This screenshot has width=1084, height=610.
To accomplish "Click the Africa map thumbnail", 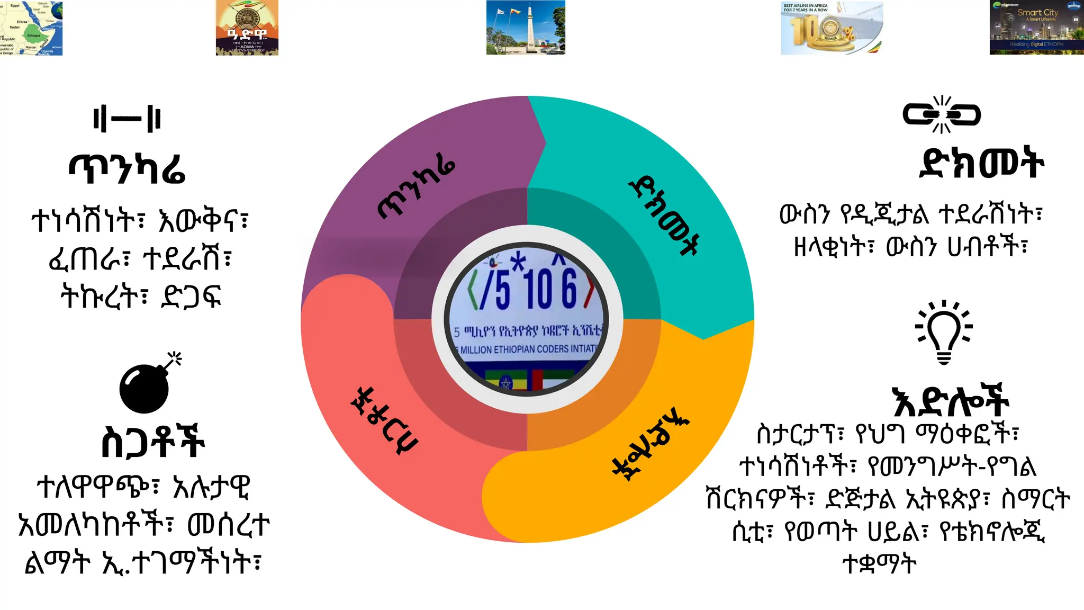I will click(31, 28).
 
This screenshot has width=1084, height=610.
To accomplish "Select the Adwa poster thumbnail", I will click(247, 28).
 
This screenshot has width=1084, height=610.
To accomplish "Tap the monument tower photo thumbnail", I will click(526, 28).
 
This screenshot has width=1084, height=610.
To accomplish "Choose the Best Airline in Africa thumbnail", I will click(832, 28).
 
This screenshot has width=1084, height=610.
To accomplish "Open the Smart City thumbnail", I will click(1036, 28).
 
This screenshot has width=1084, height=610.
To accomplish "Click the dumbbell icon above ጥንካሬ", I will click(127, 119).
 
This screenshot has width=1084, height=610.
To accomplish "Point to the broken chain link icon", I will click(942, 114).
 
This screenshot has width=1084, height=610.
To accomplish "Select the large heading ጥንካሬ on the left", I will click(127, 168).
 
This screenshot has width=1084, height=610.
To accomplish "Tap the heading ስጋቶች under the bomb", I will click(152, 442).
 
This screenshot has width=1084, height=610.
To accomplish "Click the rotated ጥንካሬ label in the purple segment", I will click(416, 189).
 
